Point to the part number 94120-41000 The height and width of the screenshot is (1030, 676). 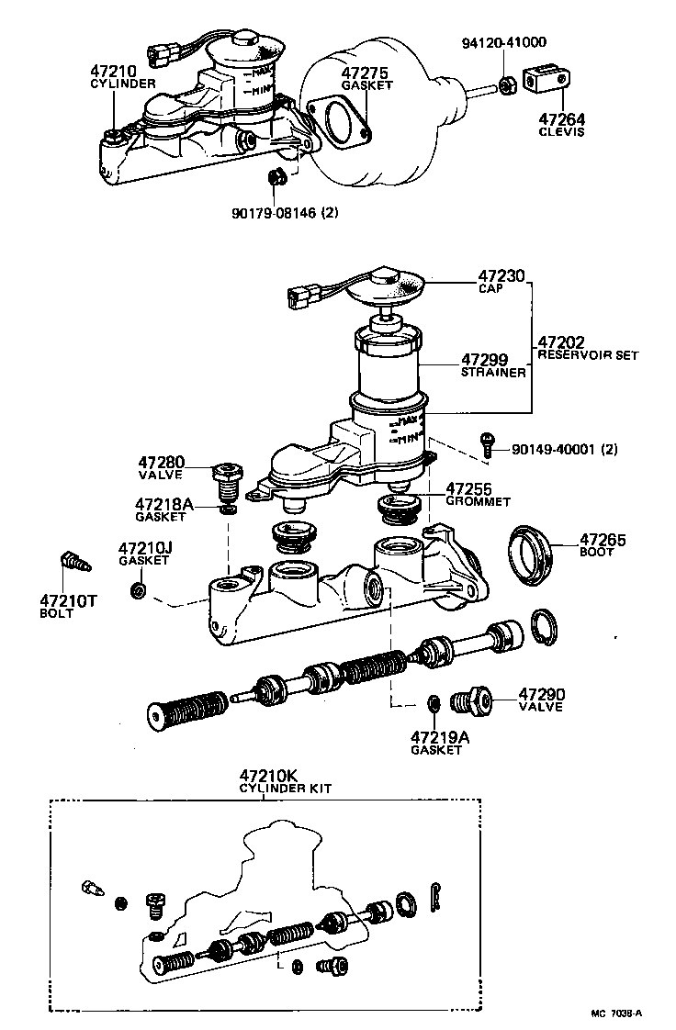[503, 42]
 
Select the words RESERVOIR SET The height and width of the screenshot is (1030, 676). [587, 354]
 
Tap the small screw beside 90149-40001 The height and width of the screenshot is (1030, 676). [490, 442]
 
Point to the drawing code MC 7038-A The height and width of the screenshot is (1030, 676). [616, 1013]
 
